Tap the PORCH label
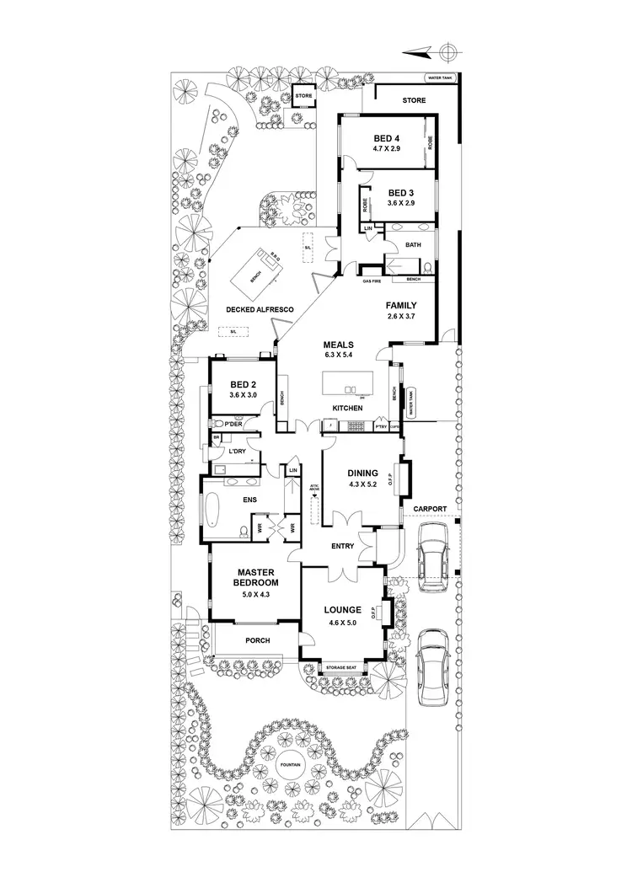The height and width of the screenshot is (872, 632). pyautogui.click(x=257, y=640)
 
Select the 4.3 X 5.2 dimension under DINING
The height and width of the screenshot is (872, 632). pyautogui.click(x=364, y=484)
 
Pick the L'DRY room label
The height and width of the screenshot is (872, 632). pyautogui.click(x=236, y=452)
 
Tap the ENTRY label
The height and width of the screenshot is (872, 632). pyautogui.click(x=342, y=546)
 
